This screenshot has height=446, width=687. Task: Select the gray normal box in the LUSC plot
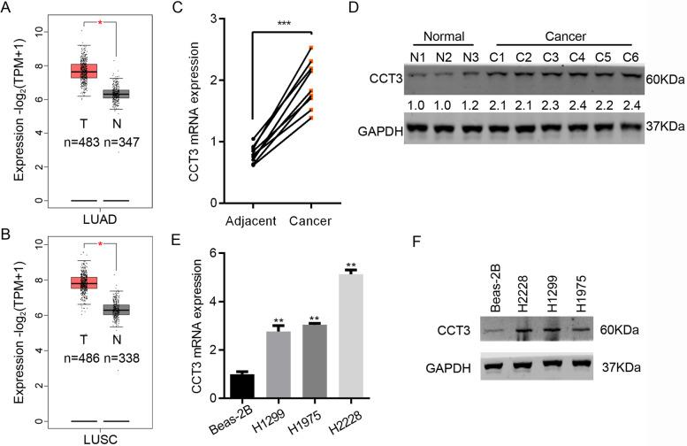click(x=117, y=310)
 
